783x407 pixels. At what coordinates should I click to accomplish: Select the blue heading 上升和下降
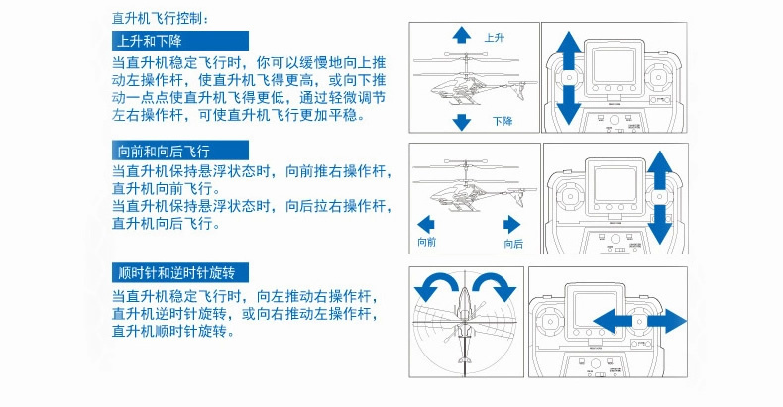[x=148, y=42]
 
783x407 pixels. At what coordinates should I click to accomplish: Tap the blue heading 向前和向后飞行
[x=163, y=152]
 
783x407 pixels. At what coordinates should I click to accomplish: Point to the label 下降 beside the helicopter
[x=502, y=121]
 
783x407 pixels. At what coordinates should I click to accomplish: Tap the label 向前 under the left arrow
[x=427, y=243]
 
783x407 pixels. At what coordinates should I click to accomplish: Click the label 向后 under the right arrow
[x=513, y=243]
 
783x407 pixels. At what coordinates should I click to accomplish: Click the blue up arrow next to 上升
[x=461, y=35]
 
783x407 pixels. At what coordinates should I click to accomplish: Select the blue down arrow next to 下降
[x=461, y=121]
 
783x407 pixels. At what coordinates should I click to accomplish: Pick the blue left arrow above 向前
[x=427, y=223]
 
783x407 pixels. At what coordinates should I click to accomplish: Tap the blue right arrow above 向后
[x=512, y=223]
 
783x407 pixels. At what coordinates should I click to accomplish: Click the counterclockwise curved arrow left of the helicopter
[x=436, y=288]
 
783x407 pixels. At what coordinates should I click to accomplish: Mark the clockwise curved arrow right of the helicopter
[x=493, y=288]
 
